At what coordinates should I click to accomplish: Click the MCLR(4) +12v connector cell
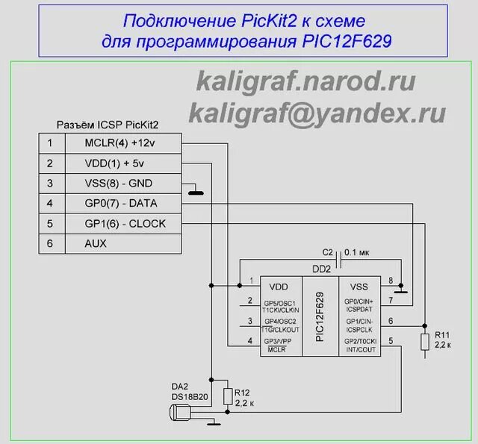pyautogui.click(x=122, y=143)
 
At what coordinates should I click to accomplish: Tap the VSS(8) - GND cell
pyautogui.click(x=122, y=183)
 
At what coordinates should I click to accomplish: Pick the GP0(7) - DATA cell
pyautogui.click(x=122, y=203)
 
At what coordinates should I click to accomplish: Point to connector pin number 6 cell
pyautogui.click(x=50, y=243)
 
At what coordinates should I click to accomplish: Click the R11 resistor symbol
pyautogui.click(x=426, y=343)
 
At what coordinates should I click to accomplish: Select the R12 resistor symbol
pyautogui.click(x=228, y=396)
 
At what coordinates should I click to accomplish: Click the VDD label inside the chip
pyautogui.click(x=278, y=286)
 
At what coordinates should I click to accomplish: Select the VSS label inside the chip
pyautogui.click(x=359, y=286)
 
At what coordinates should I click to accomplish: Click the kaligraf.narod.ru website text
pyautogui.click(x=306, y=81)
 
